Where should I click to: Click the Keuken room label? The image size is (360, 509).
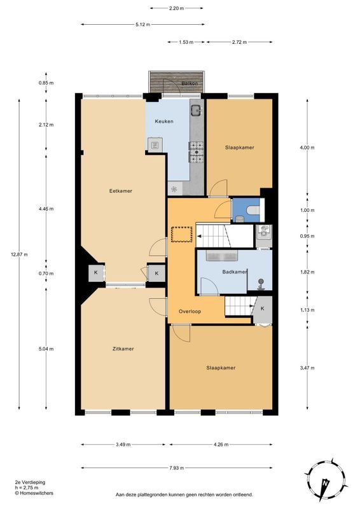164,122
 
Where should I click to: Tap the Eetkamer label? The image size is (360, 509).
121,191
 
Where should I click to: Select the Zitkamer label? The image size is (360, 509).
123,349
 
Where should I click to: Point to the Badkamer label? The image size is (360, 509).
235,272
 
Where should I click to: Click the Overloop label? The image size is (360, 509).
190,311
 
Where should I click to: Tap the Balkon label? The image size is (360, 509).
190,83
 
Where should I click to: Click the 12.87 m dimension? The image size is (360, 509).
19,254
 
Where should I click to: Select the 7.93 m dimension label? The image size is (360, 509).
177,468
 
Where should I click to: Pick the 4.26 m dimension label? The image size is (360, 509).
221,444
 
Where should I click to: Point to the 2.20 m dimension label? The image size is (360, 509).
177,8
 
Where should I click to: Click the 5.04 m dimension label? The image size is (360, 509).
46,349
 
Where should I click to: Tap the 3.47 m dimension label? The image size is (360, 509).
307,368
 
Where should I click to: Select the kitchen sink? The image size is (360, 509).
196,110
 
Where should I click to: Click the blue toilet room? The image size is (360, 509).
246,210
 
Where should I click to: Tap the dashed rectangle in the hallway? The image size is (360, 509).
182,234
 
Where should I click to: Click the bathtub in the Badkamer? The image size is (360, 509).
222,256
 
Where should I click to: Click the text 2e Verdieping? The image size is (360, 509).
30,482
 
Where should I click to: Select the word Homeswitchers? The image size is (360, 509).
36,493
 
